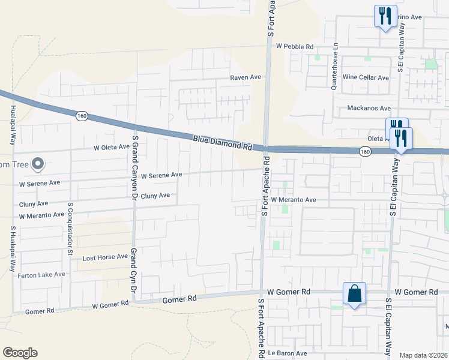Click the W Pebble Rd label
295,46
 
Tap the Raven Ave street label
246,77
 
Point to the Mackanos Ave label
368,109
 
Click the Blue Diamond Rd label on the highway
222,143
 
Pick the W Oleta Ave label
112,147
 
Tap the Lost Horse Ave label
105,257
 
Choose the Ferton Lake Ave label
42,274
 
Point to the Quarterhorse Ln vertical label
336,65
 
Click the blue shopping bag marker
354,294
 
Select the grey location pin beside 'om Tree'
38,164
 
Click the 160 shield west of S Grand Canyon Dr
82,115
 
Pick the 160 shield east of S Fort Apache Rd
365,152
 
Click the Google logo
20,353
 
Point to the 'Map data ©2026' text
423,355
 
